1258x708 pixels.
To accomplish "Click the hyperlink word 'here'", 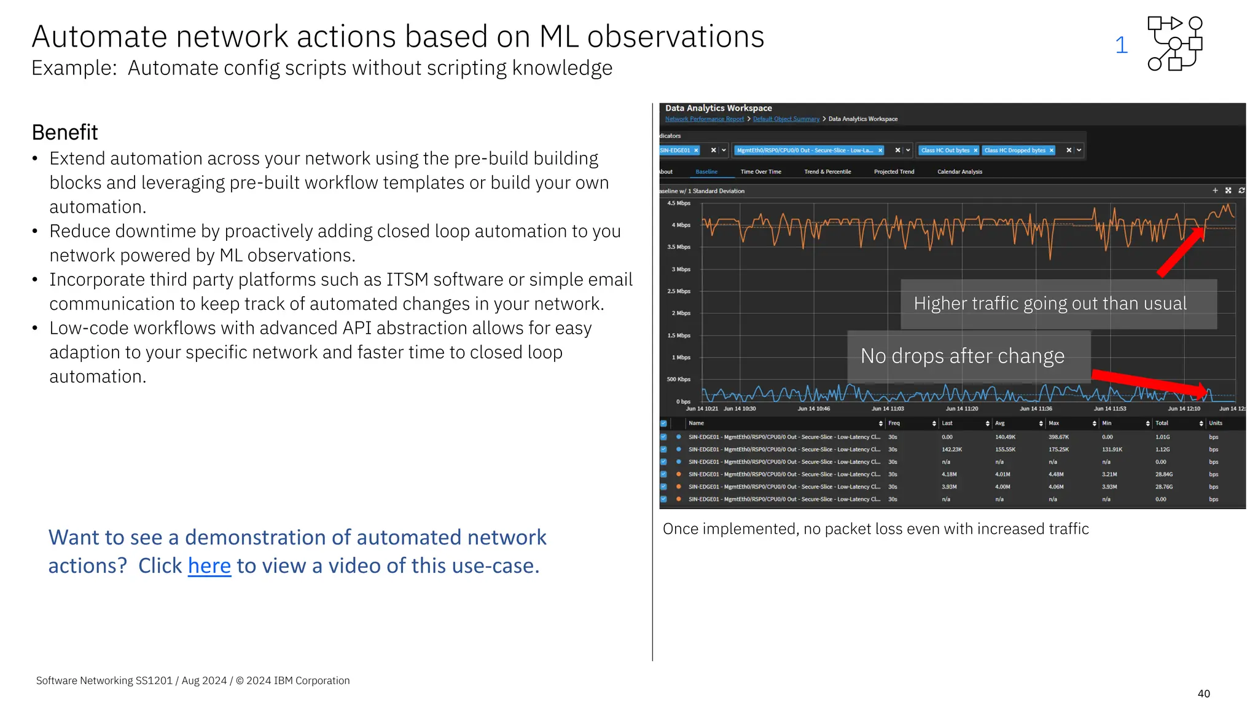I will (x=209, y=566).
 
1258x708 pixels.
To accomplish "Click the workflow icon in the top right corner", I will (x=1174, y=44).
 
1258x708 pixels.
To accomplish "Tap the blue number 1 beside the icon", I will (x=1121, y=45).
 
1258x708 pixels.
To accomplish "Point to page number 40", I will (x=1203, y=694).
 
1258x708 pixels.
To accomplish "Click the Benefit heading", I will (x=64, y=133).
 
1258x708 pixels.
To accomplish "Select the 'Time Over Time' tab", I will (x=760, y=172).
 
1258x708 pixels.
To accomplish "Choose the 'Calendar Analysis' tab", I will (x=959, y=172).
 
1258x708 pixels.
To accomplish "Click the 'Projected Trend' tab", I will (x=894, y=172).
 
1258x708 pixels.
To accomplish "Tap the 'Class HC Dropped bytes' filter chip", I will (x=1015, y=151).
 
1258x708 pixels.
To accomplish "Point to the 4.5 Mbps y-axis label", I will (x=679, y=203).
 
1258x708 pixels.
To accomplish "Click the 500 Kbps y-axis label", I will (x=679, y=380).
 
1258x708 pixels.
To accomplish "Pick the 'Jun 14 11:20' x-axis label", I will (x=961, y=409).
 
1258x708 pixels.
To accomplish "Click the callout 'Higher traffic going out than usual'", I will (x=1050, y=304).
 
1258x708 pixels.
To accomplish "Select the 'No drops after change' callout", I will (x=962, y=356).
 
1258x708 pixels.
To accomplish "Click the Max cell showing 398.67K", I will (x=1058, y=438).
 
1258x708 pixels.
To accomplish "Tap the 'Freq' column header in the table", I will (x=894, y=423).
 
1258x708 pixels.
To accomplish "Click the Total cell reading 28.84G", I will (x=1163, y=474).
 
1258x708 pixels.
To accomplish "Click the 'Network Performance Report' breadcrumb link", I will (x=704, y=119).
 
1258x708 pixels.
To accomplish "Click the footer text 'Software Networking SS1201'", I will (x=104, y=681).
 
